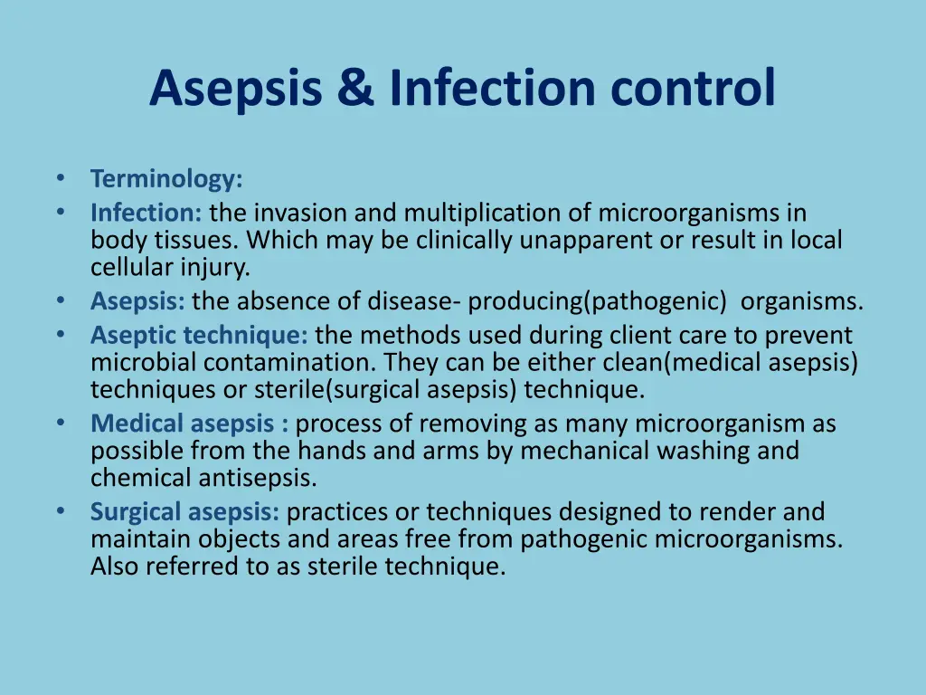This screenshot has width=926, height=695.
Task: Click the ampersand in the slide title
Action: tap(356, 88)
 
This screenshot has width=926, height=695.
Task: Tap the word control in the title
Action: tap(693, 88)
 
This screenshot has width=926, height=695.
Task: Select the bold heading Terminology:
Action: tap(166, 178)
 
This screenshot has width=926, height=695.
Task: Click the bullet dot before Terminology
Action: tap(61, 177)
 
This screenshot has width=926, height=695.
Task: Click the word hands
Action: tap(331, 451)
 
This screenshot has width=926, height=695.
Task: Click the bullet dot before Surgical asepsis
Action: tap(61, 510)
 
